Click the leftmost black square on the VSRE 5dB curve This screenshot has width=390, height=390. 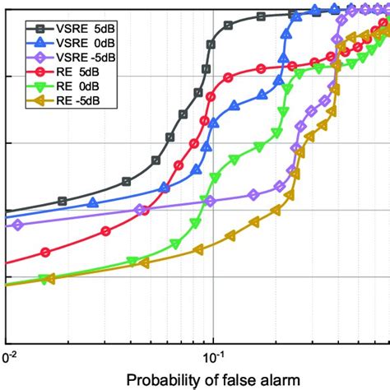[63, 201]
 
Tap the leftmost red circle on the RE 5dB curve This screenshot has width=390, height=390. [45, 253]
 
